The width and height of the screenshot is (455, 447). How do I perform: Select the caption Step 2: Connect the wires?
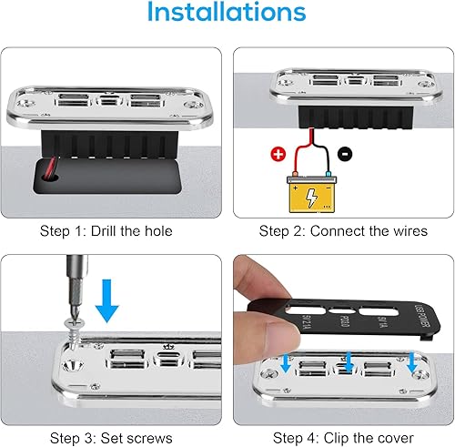coord(341,231)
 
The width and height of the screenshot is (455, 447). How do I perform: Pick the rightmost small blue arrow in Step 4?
coord(415,363)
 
